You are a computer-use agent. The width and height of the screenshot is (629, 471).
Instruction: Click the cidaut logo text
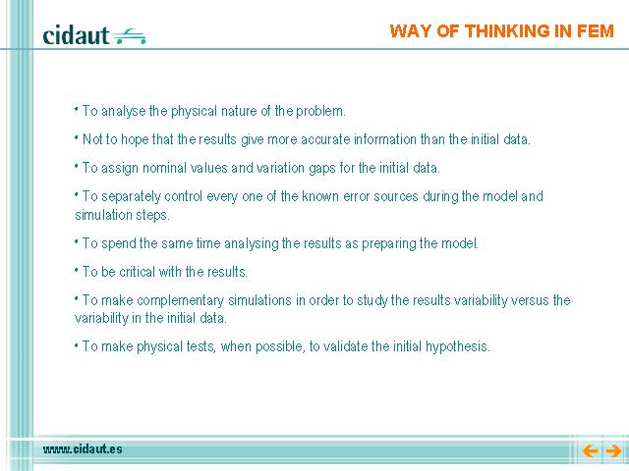click(x=76, y=35)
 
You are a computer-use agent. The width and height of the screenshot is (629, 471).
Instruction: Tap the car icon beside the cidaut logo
click(x=129, y=36)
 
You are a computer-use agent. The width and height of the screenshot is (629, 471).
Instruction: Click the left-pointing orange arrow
click(x=590, y=451)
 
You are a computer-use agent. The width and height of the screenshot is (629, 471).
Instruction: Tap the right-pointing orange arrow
click(x=613, y=451)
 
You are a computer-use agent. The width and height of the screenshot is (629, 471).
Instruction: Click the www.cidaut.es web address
click(x=83, y=449)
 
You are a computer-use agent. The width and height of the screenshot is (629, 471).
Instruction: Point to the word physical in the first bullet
click(x=194, y=111)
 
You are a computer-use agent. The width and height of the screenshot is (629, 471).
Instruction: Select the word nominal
click(x=164, y=168)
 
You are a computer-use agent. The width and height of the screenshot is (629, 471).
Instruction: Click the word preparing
click(x=388, y=244)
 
